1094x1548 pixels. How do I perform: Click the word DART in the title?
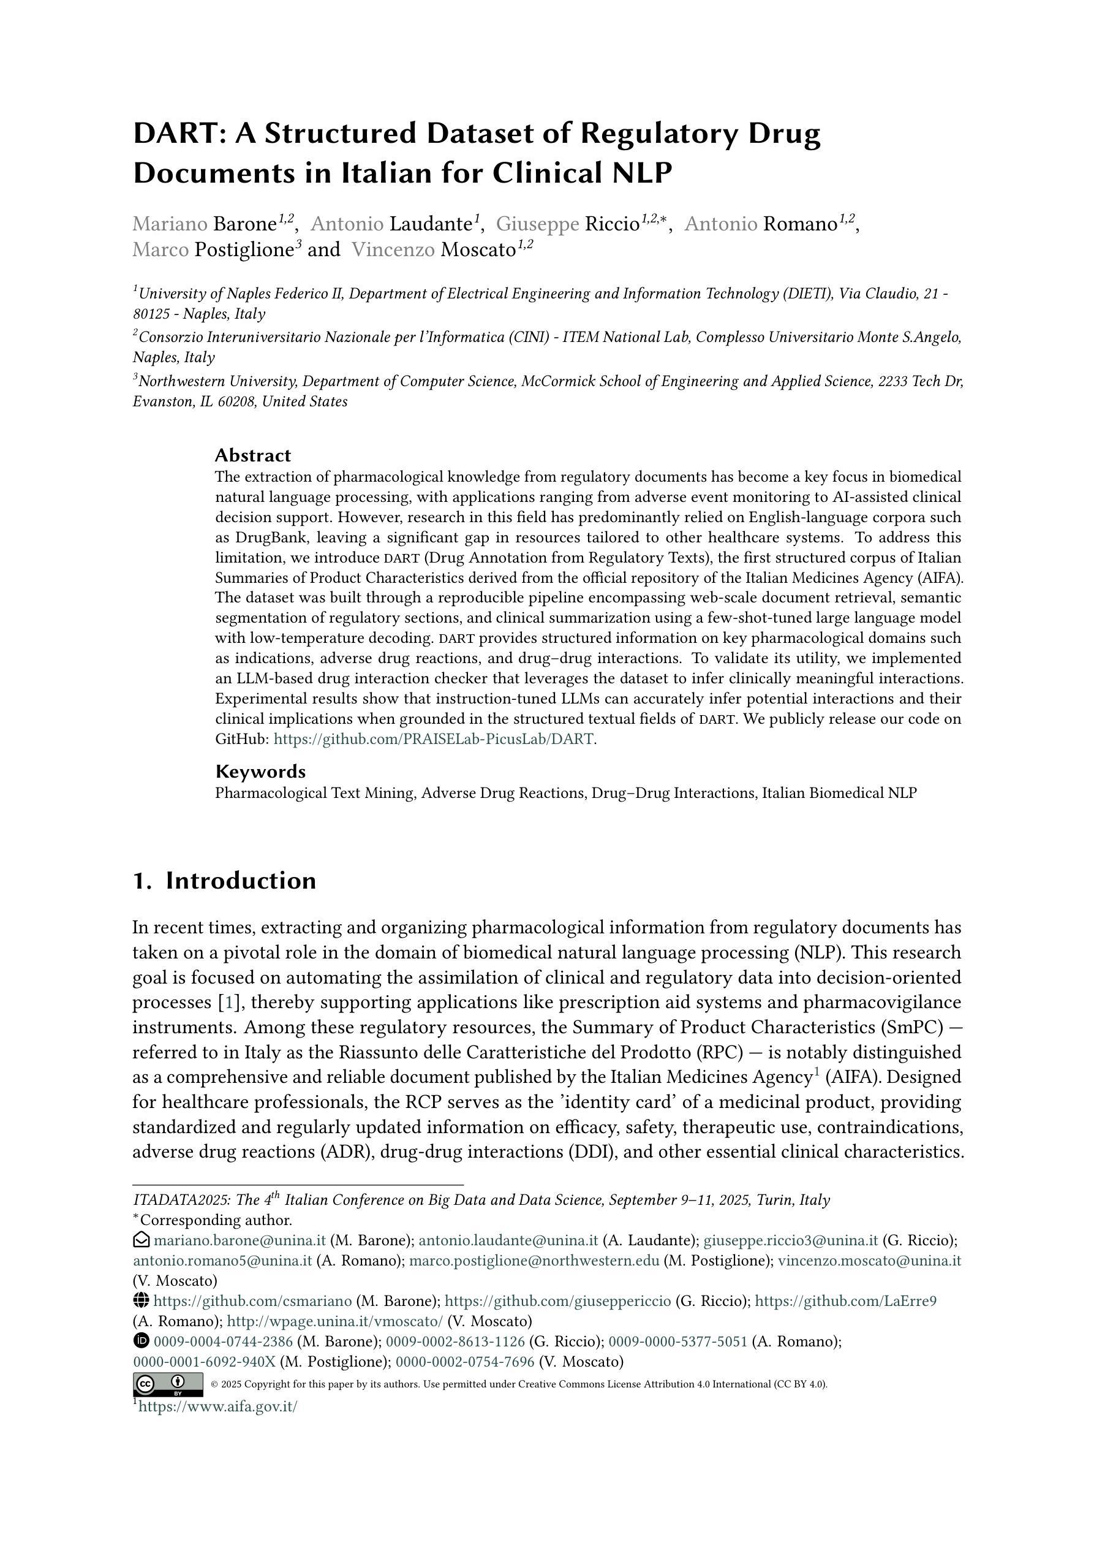click(x=176, y=134)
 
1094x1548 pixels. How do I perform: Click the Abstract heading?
click(x=253, y=455)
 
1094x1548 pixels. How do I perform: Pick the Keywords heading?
click(x=260, y=772)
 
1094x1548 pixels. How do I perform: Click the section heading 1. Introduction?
click(x=224, y=881)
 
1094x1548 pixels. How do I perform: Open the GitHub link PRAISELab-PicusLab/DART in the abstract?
click(x=435, y=739)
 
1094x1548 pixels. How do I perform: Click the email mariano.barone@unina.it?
click(x=240, y=1240)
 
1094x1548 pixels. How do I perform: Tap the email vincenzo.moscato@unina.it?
click(x=870, y=1261)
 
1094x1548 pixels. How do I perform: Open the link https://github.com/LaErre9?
click(x=845, y=1301)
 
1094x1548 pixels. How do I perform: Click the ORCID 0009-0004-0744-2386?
click(x=223, y=1341)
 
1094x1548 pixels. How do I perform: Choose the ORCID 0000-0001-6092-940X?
click(x=204, y=1362)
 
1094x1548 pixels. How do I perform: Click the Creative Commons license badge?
click(x=168, y=1384)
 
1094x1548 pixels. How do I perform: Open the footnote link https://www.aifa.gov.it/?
click(x=217, y=1407)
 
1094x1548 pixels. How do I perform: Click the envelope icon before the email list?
click(x=141, y=1240)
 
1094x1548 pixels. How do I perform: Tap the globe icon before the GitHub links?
click(x=141, y=1301)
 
